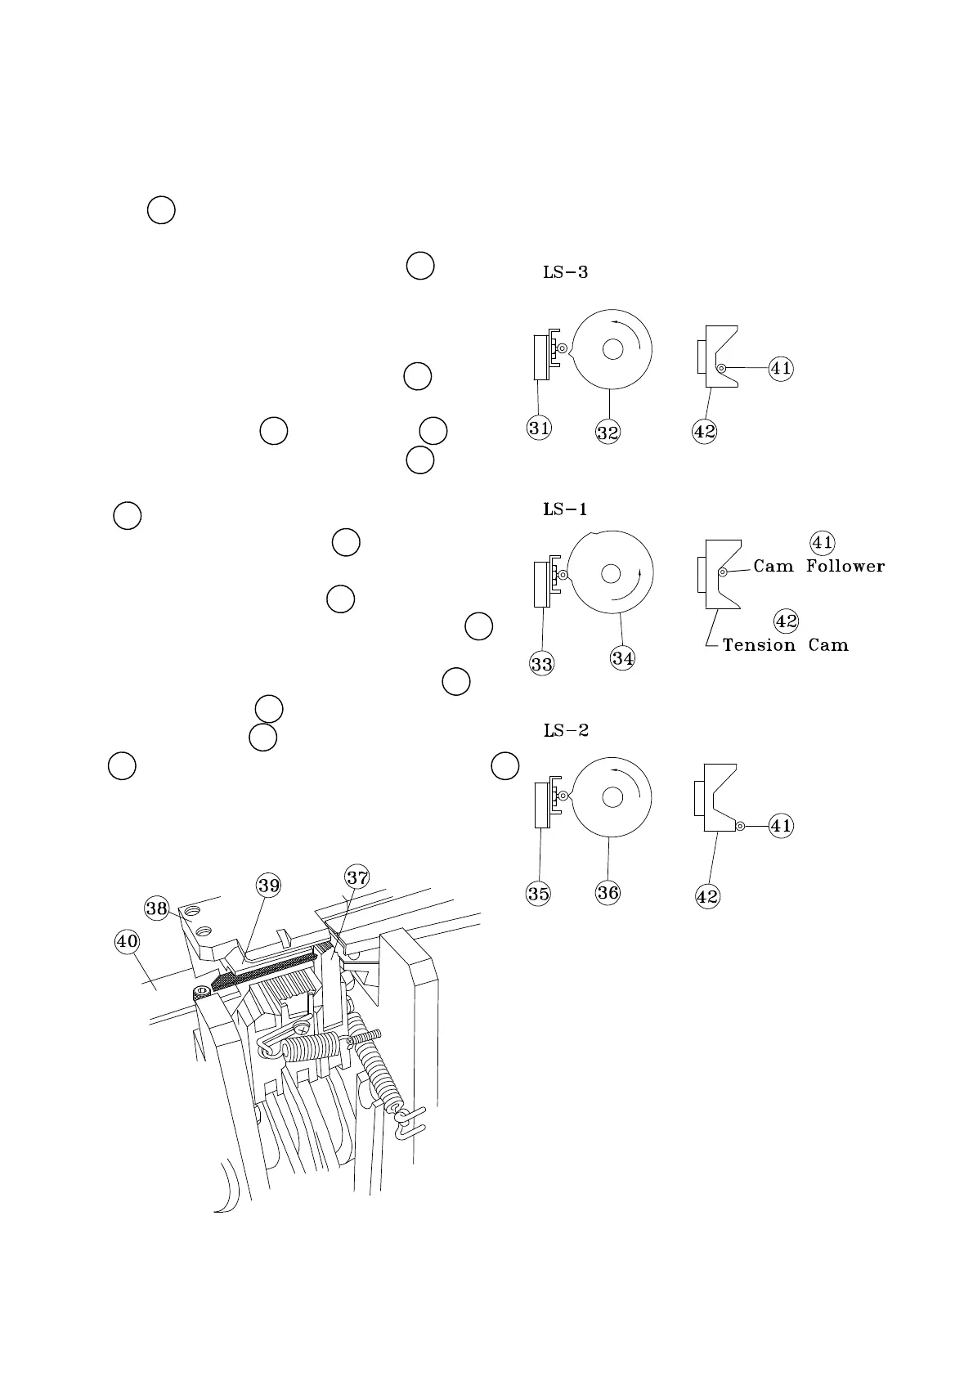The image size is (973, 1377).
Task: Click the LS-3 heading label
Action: [x=565, y=272]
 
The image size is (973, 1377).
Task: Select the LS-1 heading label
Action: [x=565, y=509]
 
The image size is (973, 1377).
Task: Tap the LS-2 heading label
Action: [x=566, y=730]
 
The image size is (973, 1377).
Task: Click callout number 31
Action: [x=539, y=428]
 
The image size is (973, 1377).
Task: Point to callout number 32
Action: [x=608, y=433]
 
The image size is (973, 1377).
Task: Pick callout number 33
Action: [x=542, y=664]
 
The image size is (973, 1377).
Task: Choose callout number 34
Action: [x=623, y=657]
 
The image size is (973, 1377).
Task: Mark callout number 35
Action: [x=539, y=894]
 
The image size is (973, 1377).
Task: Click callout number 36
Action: [x=608, y=892]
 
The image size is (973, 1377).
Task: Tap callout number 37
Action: [x=357, y=877]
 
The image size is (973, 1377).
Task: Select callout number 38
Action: [x=157, y=908]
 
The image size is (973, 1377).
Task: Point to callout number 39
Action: [x=269, y=885]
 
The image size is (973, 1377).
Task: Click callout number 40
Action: [x=127, y=941]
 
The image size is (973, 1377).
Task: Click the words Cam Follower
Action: [x=818, y=566]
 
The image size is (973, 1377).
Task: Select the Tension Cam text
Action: [x=785, y=645]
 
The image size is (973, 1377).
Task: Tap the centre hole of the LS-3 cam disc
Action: [x=612, y=350]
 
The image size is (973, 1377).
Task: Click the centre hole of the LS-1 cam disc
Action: [x=611, y=573]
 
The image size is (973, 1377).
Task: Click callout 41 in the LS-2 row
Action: [x=782, y=826]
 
